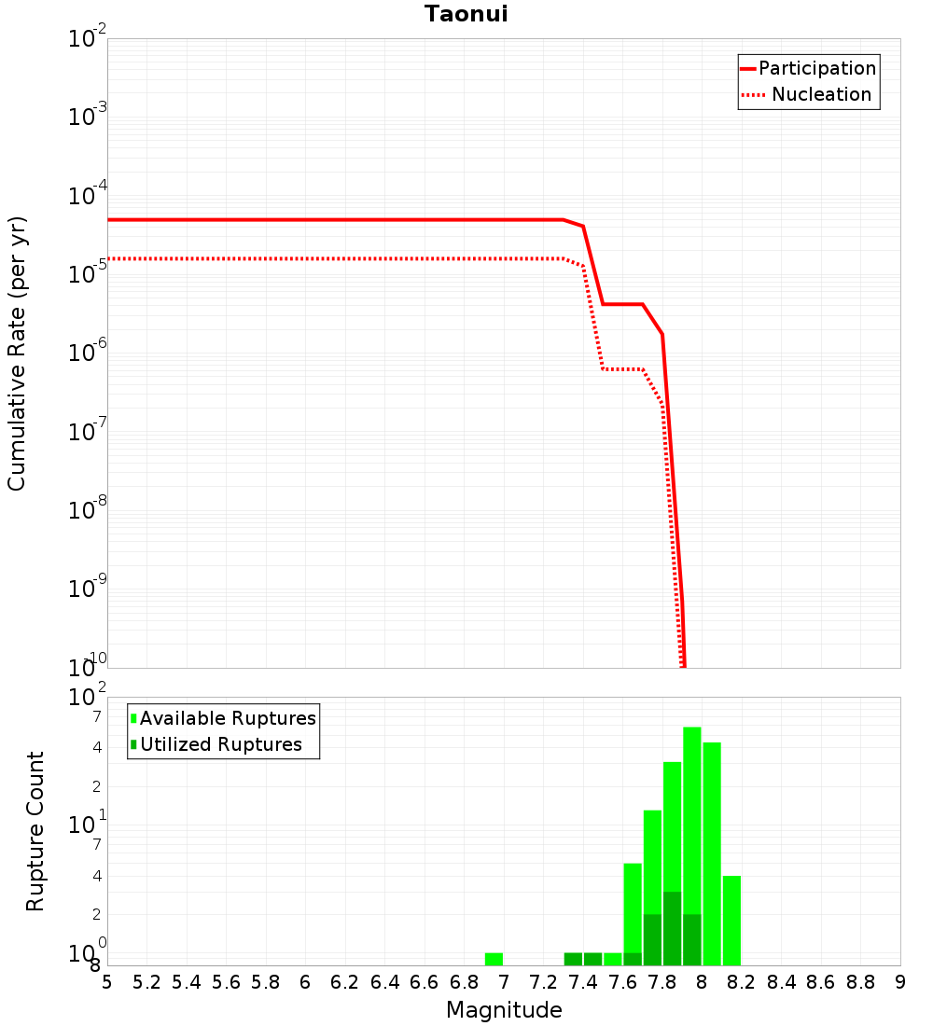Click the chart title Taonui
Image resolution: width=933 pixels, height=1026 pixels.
[466, 14]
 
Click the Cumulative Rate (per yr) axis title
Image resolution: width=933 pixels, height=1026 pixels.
[17, 353]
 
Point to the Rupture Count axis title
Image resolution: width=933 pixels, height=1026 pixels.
[35, 830]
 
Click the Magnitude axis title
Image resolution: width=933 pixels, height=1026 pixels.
[504, 1010]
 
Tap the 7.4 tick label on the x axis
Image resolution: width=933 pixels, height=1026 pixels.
[582, 982]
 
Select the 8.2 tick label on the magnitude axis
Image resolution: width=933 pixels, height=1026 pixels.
[741, 982]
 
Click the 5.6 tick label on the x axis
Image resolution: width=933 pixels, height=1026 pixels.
[226, 982]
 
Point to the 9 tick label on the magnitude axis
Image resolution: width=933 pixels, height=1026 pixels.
[900, 982]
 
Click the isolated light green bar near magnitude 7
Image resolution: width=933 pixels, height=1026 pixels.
[494, 959]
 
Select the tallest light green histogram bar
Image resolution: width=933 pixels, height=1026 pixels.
[691, 845]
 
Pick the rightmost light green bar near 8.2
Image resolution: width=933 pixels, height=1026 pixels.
[731, 920]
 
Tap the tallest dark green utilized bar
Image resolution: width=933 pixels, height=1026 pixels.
[672, 928]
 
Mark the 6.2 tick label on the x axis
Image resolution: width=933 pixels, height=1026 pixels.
[344, 982]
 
